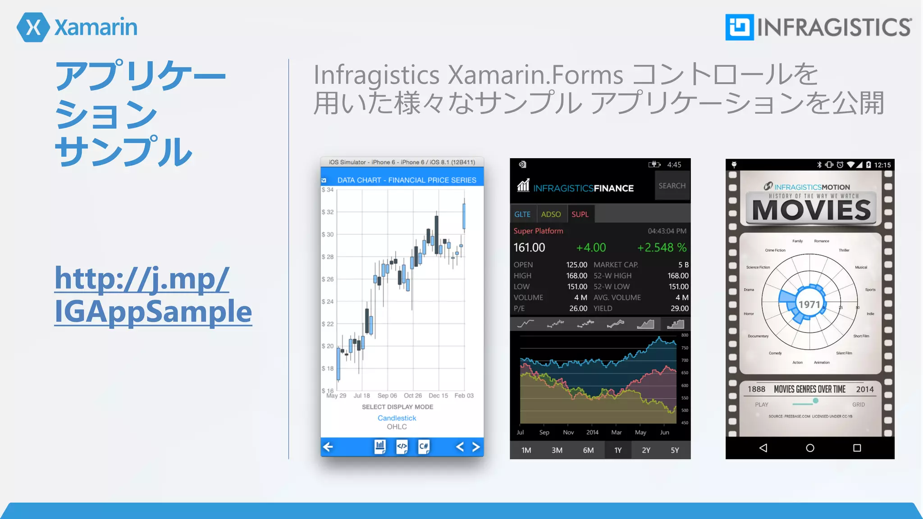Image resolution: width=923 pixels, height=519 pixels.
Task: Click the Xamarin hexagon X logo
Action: [x=33, y=27]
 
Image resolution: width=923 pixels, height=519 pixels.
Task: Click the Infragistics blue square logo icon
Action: [x=739, y=27]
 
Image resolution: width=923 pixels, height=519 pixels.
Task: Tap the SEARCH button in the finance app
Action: [x=672, y=186]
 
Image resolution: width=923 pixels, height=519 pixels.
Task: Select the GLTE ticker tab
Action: [x=522, y=214]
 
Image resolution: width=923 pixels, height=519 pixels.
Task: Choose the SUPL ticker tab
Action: [x=580, y=214]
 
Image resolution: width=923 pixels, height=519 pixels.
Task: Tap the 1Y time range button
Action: [x=618, y=450]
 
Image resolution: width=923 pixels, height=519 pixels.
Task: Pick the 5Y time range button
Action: [x=675, y=450]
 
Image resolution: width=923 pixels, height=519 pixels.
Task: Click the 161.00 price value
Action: [x=530, y=247]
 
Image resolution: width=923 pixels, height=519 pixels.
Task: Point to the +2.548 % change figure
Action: [x=662, y=247]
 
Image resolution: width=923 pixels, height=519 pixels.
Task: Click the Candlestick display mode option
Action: [x=397, y=418]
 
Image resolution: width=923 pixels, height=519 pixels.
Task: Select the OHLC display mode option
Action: [x=397, y=427]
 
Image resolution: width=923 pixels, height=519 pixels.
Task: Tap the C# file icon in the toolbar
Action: [x=424, y=446]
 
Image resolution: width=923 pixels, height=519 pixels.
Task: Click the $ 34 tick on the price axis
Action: [x=328, y=190]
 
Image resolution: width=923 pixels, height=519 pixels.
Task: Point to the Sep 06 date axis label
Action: [x=387, y=396]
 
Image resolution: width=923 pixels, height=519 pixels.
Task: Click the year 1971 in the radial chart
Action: [x=809, y=305]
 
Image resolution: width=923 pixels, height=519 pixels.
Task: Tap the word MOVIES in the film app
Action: [x=812, y=210]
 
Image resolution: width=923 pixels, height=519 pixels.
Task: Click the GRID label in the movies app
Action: [x=859, y=405]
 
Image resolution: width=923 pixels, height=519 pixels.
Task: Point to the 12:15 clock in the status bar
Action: [x=882, y=165]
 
